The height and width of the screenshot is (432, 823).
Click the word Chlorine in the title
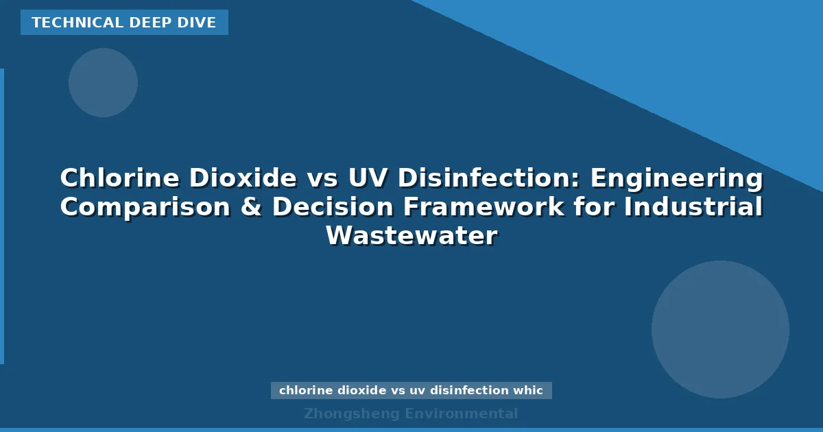119,178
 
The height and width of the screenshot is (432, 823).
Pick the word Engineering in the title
677,178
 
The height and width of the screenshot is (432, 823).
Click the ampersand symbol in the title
254,207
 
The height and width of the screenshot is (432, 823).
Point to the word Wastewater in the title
411,236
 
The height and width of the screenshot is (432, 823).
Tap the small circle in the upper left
103,82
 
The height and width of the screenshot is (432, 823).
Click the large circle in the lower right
720,329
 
